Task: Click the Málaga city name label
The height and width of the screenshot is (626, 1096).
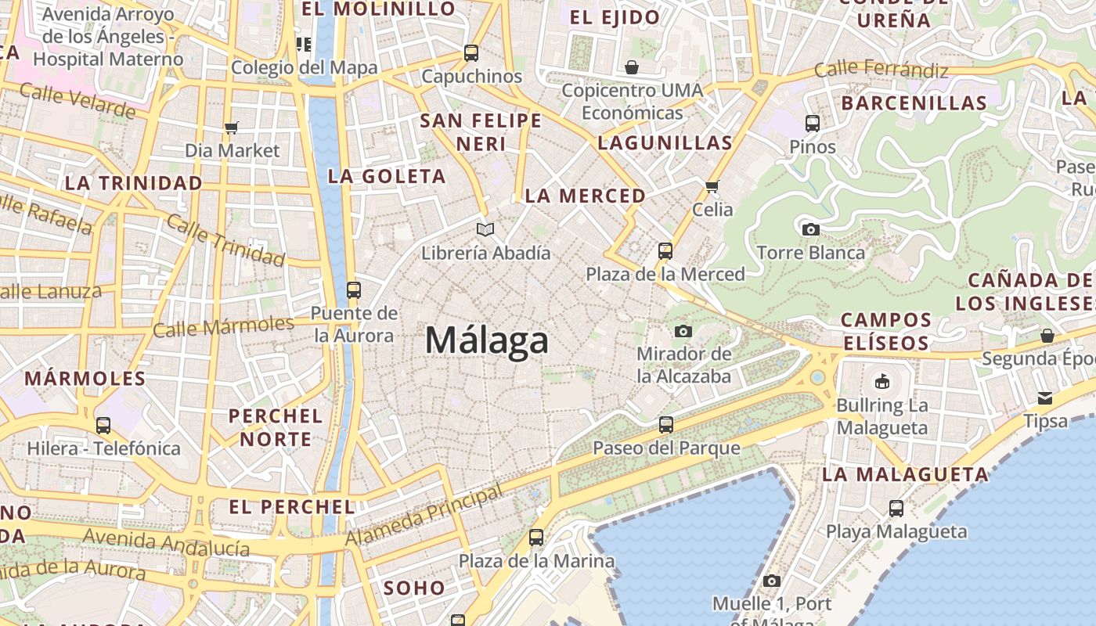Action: click(486, 341)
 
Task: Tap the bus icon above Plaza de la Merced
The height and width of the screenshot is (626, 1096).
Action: click(665, 251)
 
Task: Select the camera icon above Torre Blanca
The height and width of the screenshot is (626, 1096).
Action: click(810, 229)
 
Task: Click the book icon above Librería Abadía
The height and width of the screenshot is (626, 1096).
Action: click(485, 229)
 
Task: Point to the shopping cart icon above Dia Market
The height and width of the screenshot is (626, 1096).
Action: click(231, 128)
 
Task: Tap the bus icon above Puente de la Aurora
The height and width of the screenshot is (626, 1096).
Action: click(353, 290)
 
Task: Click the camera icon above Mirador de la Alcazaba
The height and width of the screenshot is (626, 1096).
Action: click(683, 331)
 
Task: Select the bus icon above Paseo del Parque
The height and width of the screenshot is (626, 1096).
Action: click(665, 425)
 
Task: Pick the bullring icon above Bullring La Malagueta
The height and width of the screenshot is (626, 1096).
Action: click(882, 382)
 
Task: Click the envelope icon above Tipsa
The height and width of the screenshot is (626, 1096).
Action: click(1045, 398)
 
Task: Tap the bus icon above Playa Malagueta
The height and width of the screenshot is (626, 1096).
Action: click(896, 509)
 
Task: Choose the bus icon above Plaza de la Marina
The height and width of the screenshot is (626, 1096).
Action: click(536, 538)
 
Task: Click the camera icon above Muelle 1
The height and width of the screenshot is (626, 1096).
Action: click(772, 581)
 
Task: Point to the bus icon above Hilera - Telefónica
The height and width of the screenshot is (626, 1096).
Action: click(103, 426)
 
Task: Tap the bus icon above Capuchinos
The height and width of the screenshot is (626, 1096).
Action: click(471, 53)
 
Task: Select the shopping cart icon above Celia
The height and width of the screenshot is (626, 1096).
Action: click(712, 186)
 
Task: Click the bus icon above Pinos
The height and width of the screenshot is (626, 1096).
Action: click(813, 123)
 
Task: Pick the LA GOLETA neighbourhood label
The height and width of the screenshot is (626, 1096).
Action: click(387, 176)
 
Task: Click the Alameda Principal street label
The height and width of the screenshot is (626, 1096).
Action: click(424, 516)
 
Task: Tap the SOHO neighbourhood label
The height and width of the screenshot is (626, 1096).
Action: click(414, 588)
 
